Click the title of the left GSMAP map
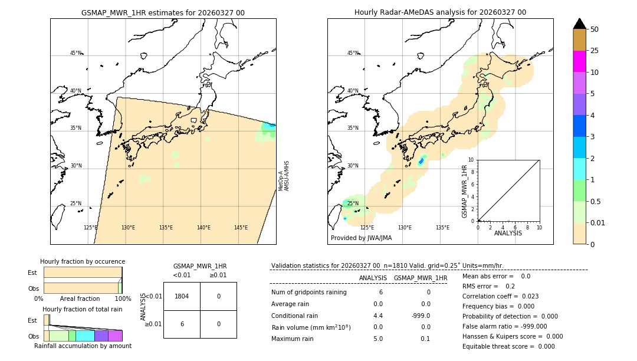[163, 12]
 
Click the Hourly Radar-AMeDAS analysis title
[440, 12]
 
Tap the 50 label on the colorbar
[595, 29]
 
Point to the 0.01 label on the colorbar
[598, 222]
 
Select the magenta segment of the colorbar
[579, 61]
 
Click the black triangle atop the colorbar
[579, 24]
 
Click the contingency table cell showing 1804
[182, 296]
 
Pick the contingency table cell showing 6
[182, 324]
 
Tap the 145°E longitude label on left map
[241, 228]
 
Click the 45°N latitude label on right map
[353, 53]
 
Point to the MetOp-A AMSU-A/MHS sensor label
[284, 176]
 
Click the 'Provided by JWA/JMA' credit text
[361, 238]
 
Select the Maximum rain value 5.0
[377, 339]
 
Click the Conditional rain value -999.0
[421, 316]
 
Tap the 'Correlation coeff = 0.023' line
[500, 296]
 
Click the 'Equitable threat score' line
[508, 346]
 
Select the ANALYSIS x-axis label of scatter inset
[508, 234]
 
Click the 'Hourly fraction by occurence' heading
[83, 262]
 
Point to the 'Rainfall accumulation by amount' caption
[83, 346]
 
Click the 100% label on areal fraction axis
[122, 299]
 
